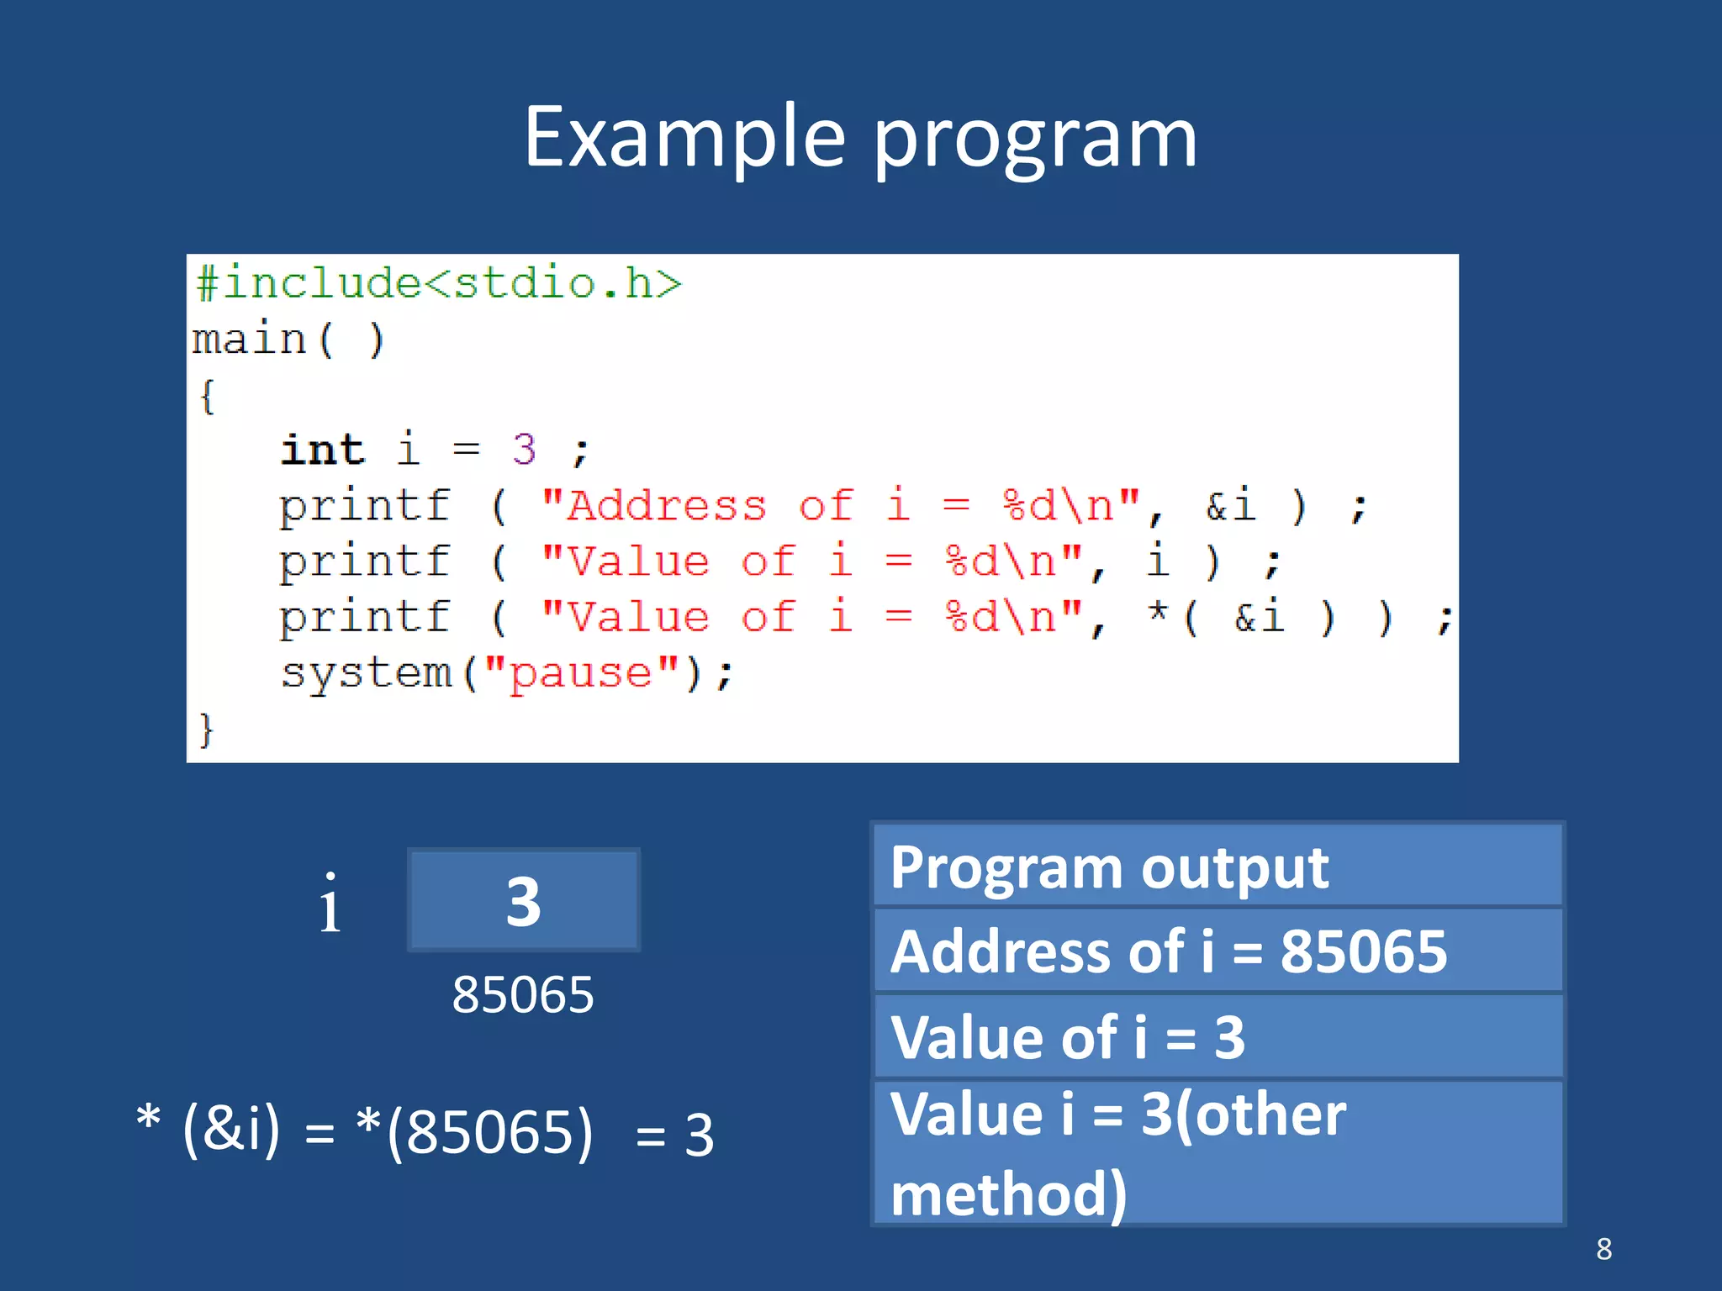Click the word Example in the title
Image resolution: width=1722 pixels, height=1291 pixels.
pyautogui.click(x=684, y=139)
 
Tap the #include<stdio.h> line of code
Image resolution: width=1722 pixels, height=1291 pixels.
pyautogui.click(x=438, y=283)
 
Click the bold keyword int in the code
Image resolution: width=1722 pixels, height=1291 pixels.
pyautogui.click(x=323, y=450)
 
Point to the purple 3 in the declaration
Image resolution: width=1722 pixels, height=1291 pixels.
pyautogui.click(x=524, y=450)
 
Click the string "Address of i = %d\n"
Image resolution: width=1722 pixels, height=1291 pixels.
pyautogui.click(x=840, y=506)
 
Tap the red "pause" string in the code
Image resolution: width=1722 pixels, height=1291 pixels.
pyautogui.click(x=582, y=673)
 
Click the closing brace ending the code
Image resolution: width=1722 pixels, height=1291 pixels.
pyautogui.click(x=206, y=730)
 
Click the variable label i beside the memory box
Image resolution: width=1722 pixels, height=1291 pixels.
pyautogui.click(x=330, y=904)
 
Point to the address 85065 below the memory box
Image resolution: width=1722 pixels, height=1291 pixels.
pyautogui.click(x=522, y=995)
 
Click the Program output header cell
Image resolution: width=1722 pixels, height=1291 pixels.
pyautogui.click(x=1218, y=867)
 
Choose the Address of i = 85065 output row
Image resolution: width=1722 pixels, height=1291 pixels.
pyautogui.click(x=1218, y=951)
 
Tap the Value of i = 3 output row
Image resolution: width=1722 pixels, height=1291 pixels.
pyautogui.click(x=1218, y=1037)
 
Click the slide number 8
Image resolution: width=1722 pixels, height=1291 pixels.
pyautogui.click(x=1603, y=1249)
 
